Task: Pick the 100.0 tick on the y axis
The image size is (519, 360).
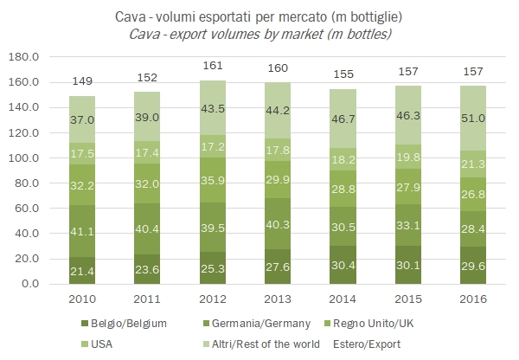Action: (x=29, y=158)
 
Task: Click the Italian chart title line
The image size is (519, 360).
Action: (x=260, y=16)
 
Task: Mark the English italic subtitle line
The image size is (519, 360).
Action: (x=260, y=34)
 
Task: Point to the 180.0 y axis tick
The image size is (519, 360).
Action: (x=29, y=57)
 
